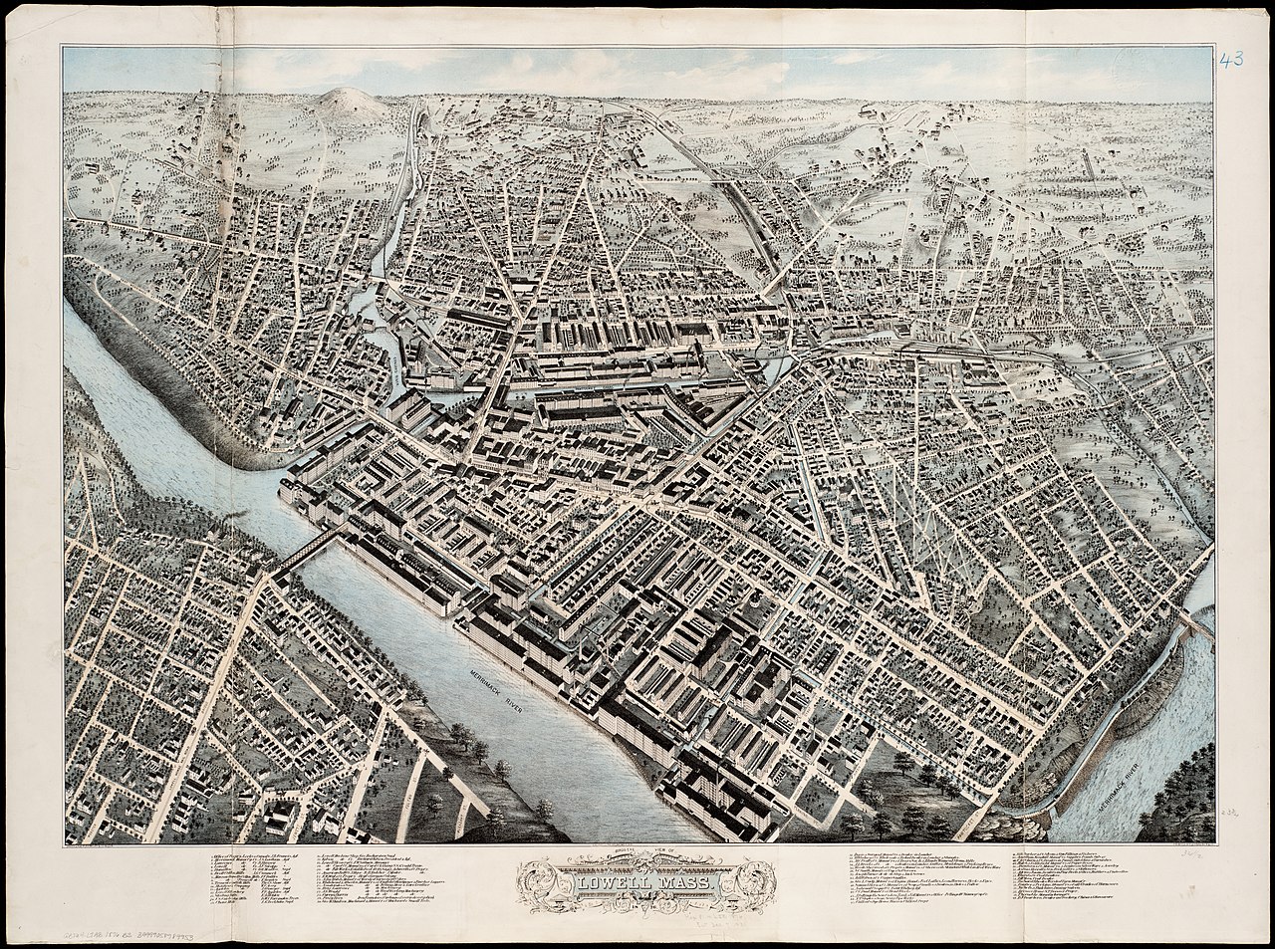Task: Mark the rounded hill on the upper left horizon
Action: pyautogui.click(x=343, y=101)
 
